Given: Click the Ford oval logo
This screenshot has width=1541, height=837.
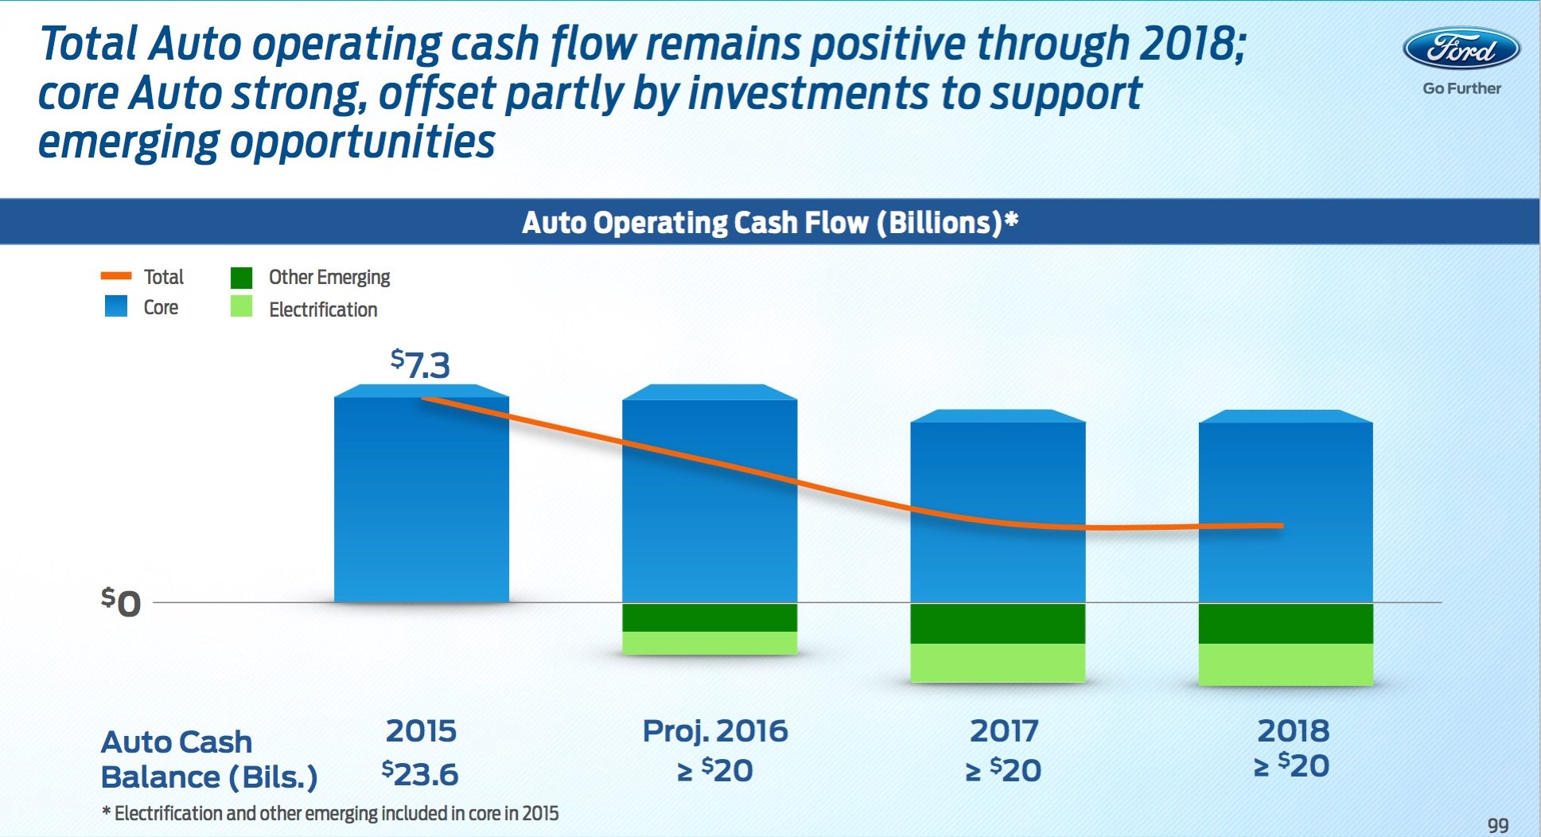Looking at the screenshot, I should [x=1461, y=49].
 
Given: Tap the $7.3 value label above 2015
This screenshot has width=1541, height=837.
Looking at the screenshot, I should [x=420, y=364].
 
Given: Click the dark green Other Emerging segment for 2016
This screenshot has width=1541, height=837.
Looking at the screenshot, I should [x=709, y=617].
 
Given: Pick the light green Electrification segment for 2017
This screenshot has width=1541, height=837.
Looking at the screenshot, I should [x=998, y=662].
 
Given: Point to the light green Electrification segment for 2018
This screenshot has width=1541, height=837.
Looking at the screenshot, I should [x=1286, y=664].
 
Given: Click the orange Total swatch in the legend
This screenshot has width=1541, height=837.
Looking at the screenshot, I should [x=116, y=276].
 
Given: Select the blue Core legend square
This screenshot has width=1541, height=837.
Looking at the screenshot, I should [x=116, y=306].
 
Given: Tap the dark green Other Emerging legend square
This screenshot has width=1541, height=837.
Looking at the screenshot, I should [x=241, y=277].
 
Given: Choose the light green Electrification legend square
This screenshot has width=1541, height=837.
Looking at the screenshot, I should [x=241, y=307].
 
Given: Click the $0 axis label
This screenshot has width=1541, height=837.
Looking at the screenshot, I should [x=121, y=602].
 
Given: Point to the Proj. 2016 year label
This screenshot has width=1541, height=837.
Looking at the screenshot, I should [x=714, y=730].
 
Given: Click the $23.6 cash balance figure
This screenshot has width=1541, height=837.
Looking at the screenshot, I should [x=420, y=773].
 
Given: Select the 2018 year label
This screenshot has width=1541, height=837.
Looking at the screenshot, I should [x=1293, y=730].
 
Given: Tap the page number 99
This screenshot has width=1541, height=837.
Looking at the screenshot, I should [x=1497, y=824].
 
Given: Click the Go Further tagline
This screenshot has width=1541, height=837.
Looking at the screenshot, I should [x=1461, y=88].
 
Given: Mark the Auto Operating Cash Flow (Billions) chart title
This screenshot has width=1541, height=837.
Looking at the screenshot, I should [x=769, y=222].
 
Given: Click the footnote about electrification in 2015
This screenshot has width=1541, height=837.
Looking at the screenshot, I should [x=330, y=813].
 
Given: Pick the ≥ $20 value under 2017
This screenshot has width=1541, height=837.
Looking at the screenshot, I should [x=1003, y=770].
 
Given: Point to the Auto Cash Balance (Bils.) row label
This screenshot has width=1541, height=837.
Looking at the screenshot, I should [x=209, y=759].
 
